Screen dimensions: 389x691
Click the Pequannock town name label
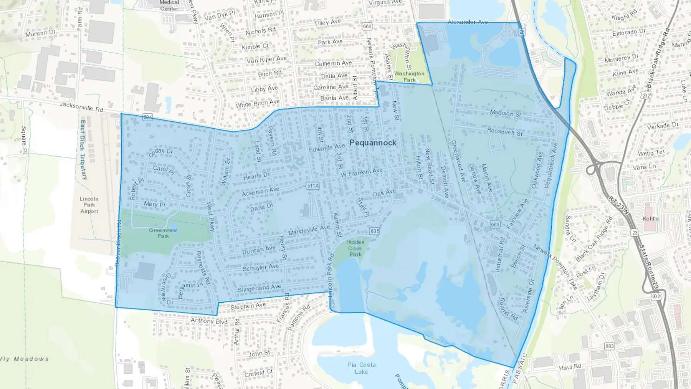pos(373,143)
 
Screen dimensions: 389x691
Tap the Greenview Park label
pos(163,233)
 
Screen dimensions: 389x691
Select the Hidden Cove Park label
pos(355,248)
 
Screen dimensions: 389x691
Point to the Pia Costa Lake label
pos(361,368)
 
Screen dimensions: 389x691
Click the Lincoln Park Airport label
pos(89,205)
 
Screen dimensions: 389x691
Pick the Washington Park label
pos(409,76)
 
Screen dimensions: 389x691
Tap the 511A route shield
pos(313,186)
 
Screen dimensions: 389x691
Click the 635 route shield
pos(375,231)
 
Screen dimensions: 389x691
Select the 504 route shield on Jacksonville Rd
pos(148,117)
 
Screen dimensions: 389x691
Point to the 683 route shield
pos(609,346)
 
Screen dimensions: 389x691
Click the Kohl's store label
pos(650,219)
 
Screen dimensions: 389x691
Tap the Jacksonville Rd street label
pos(81,107)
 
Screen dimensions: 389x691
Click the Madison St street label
pos(505,113)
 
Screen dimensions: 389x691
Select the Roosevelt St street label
pos(505,132)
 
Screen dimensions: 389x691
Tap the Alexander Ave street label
pos(468,22)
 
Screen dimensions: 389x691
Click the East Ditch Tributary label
pos(83,150)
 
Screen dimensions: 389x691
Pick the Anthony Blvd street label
pos(209,321)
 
